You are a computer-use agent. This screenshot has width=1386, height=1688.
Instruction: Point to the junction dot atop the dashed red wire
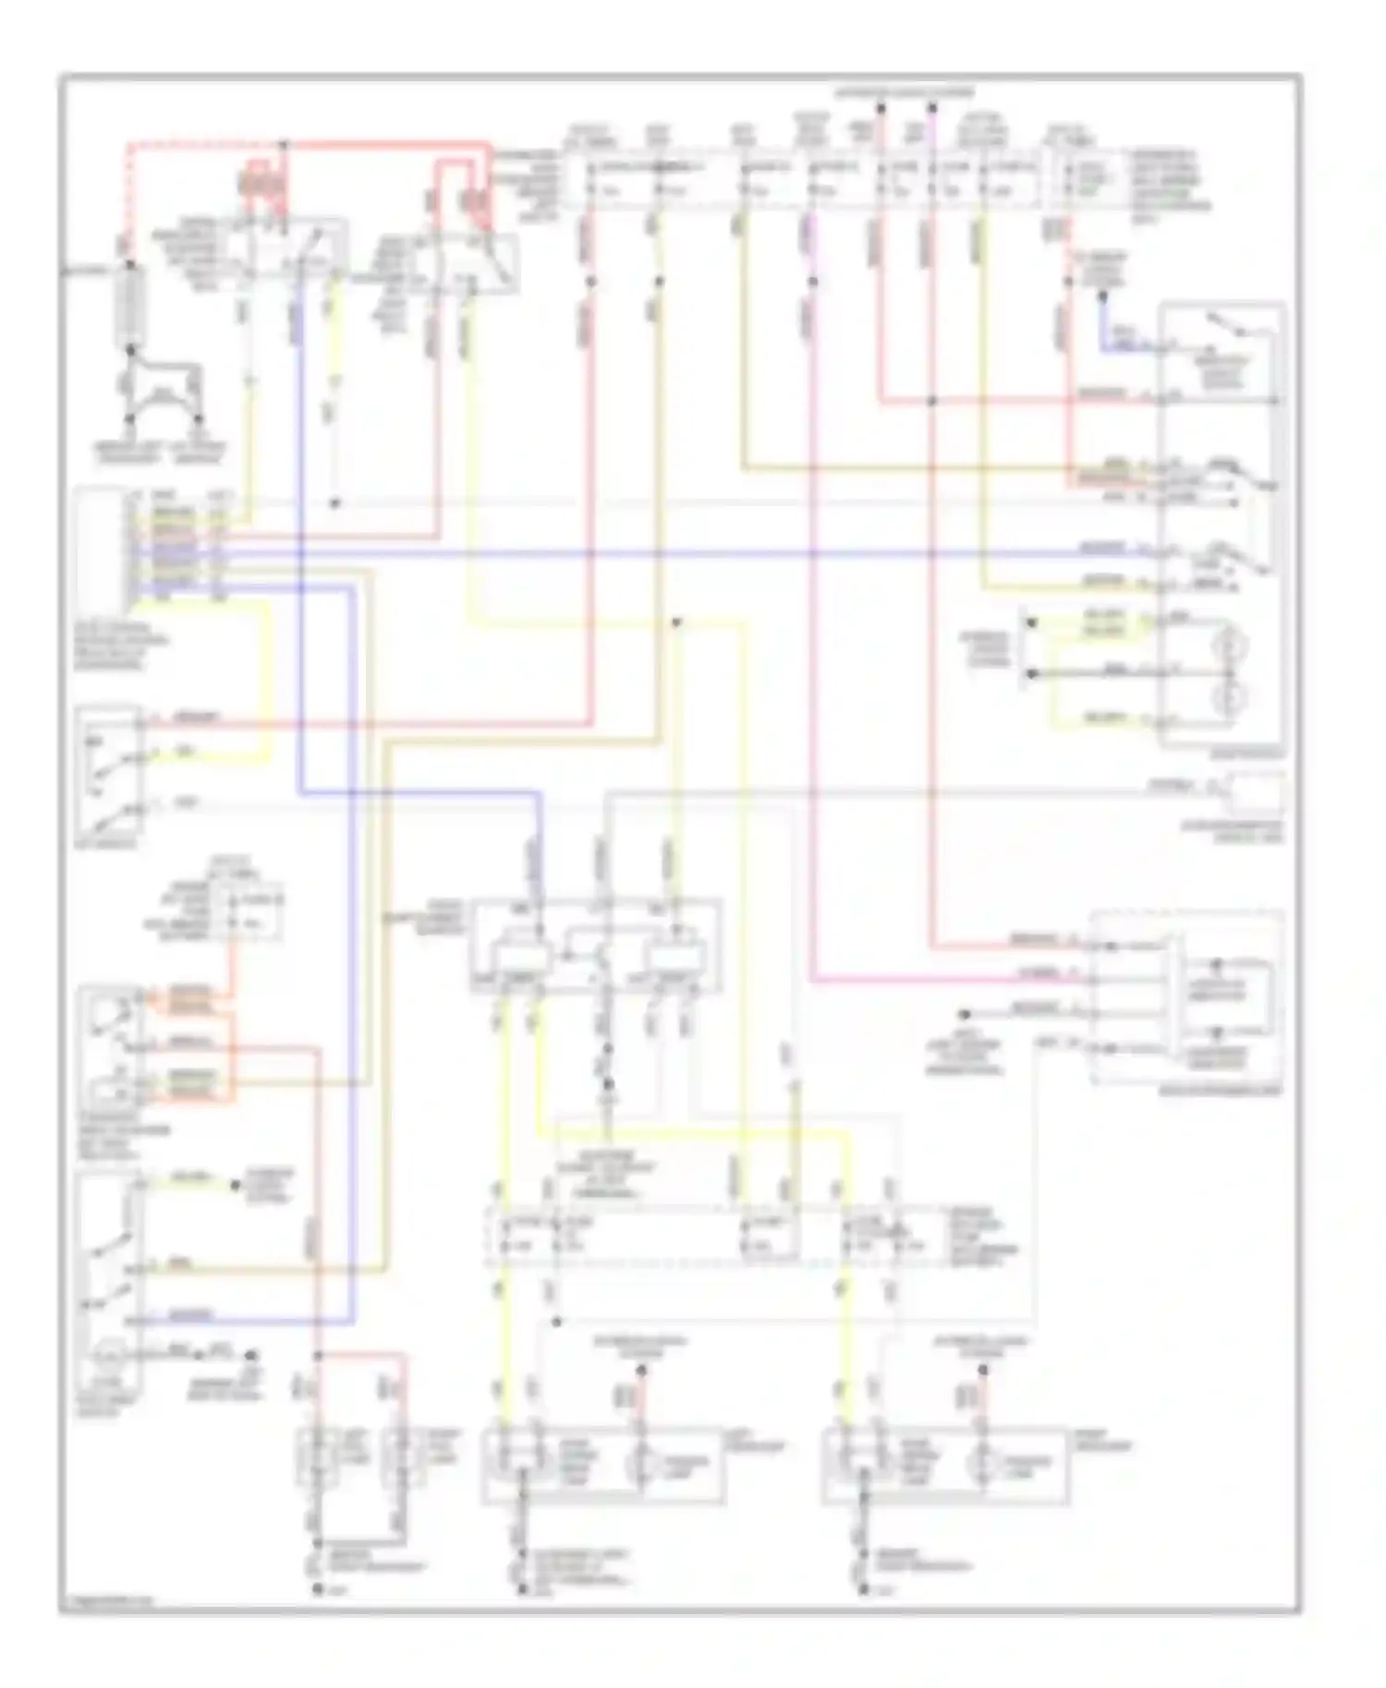[284, 145]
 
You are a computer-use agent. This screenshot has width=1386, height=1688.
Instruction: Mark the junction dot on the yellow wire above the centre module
[676, 622]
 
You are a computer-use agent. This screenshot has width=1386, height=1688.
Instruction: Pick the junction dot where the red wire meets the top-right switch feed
[932, 401]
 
